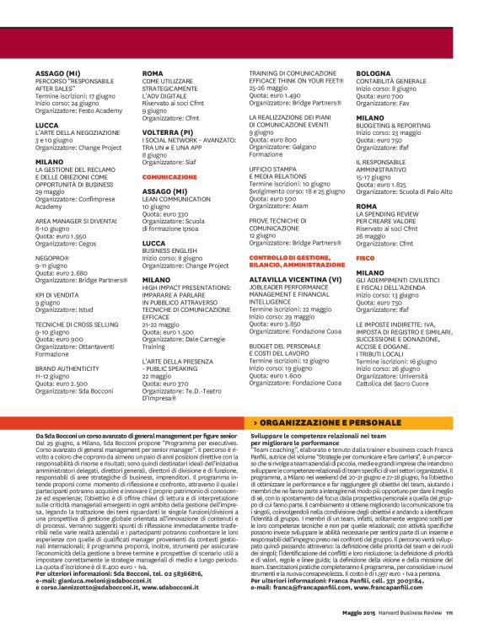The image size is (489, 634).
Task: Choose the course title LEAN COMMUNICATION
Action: point(175,199)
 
